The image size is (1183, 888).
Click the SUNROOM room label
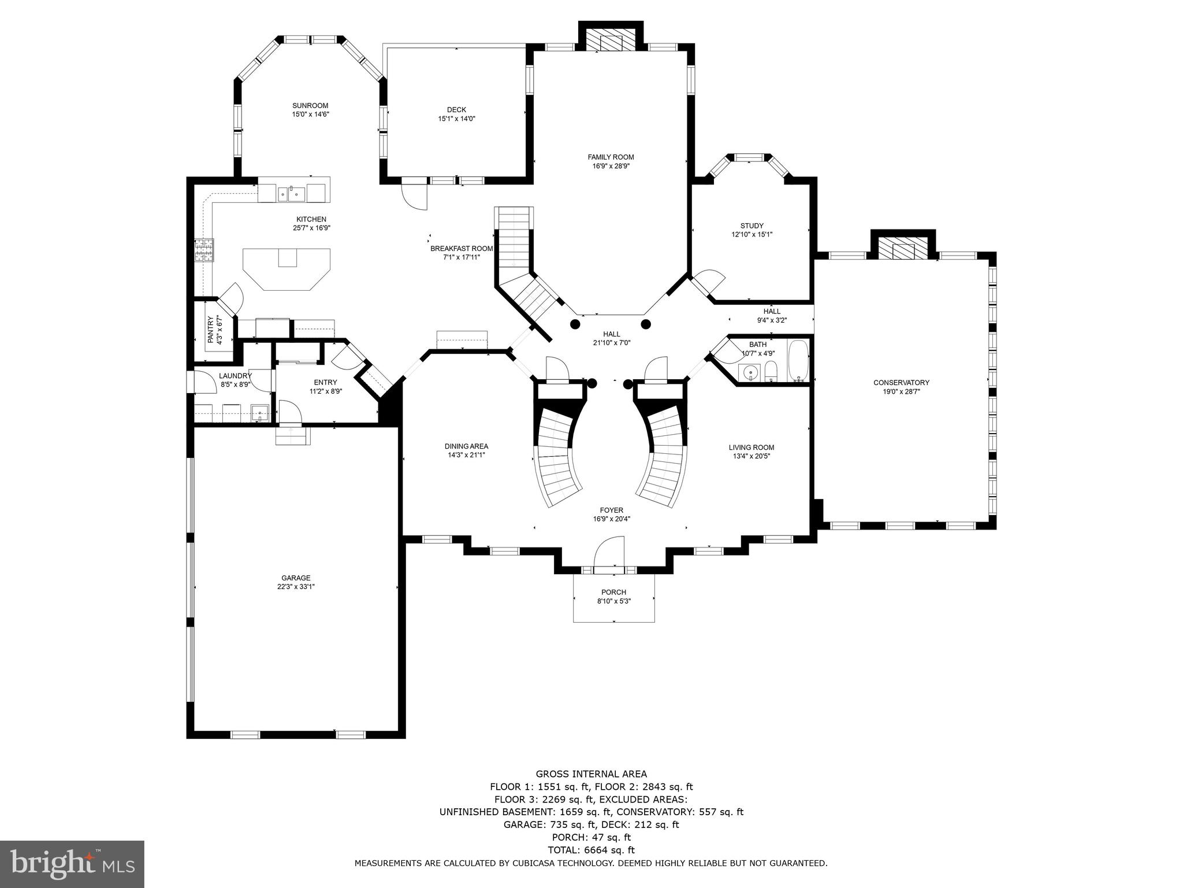[x=310, y=106]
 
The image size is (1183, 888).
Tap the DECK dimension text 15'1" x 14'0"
[x=456, y=119]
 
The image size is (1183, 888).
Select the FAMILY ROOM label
[x=611, y=157]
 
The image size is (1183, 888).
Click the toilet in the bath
[x=771, y=371]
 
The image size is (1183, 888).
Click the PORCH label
[x=613, y=592]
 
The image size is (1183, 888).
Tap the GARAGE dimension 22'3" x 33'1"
[x=296, y=587]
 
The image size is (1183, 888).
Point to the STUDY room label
[x=752, y=226]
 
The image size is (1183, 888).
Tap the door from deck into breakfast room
[x=414, y=197]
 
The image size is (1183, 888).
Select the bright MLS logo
[x=72, y=864]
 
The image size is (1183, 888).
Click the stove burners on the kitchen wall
[x=204, y=250]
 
